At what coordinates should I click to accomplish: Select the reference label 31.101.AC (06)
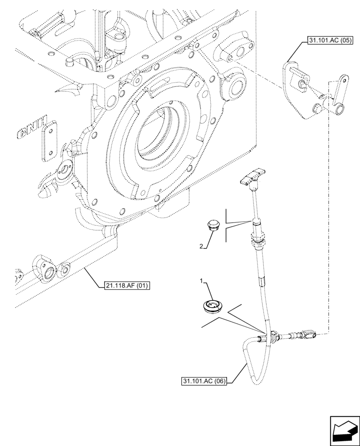[x=205, y=381]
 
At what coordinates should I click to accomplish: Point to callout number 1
[x=201, y=281]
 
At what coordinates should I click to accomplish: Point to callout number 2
[x=201, y=246]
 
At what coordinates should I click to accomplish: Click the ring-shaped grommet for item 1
[x=213, y=306]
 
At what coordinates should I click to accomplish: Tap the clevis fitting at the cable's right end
[x=307, y=334]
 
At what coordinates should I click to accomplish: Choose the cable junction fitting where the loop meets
[x=271, y=337]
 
